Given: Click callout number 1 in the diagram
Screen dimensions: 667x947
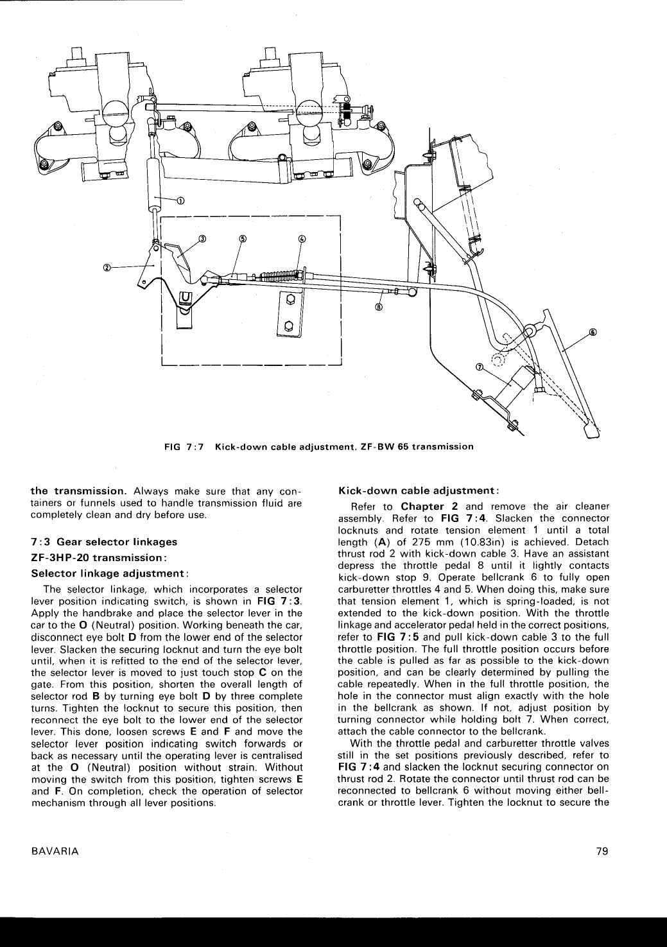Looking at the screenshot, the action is coord(180,201).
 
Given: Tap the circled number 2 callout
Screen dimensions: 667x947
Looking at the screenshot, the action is coord(107,267).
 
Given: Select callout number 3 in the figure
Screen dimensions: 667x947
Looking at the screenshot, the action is coord(202,239).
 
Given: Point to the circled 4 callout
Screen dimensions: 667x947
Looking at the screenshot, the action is coord(302,239).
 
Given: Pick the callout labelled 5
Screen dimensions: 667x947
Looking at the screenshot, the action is coord(242,239).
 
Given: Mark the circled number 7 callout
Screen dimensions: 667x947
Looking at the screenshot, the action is coord(479,367).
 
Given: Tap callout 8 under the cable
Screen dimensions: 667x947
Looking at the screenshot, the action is coord(379,308).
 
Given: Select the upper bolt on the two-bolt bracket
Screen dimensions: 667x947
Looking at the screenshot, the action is coord(290,300).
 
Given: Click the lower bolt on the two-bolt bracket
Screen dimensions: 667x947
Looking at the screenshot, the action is coord(289,326).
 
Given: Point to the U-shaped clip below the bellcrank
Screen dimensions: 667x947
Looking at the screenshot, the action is coord(186,298).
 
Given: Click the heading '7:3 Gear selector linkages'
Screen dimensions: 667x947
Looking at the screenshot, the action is coord(104,542).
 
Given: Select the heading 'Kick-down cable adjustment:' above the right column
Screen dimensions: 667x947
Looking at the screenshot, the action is coord(419,491).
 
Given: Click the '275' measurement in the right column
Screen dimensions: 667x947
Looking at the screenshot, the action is coord(420,542).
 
